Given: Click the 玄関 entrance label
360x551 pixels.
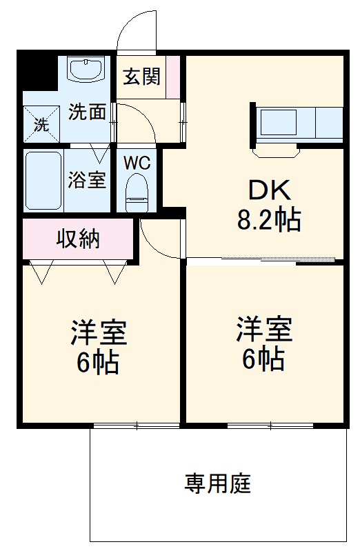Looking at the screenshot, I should click(x=141, y=77).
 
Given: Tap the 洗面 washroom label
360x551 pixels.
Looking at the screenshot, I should click(x=87, y=112).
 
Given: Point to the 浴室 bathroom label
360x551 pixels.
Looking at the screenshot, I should click(x=87, y=180).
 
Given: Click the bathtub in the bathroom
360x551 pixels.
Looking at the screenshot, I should click(x=43, y=181).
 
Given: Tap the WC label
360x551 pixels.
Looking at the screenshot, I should click(x=137, y=163).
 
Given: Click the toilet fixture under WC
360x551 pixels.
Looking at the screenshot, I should click(x=137, y=192).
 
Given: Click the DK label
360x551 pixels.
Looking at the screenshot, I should click(x=265, y=190).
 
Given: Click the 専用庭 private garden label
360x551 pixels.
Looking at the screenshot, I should click(x=217, y=483).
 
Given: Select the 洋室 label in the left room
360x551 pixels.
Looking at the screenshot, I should click(x=99, y=333).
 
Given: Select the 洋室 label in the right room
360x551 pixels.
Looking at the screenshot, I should click(x=264, y=329).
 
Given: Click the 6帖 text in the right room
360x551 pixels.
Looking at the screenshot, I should click(x=264, y=358).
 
